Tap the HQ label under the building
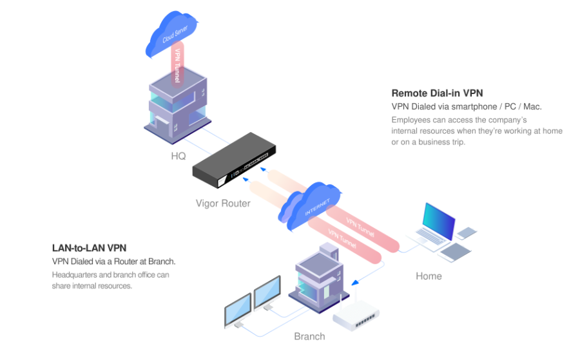(x=179, y=156)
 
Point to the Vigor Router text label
(x=222, y=204)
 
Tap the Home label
(x=429, y=276)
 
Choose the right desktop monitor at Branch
(x=267, y=293)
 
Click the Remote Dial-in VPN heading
(x=437, y=93)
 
